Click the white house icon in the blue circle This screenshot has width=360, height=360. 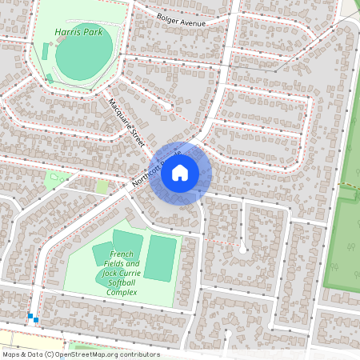(180, 171)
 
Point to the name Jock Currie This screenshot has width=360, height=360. (121, 273)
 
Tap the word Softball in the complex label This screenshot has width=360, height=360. (121, 282)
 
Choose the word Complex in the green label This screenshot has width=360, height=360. (121, 292)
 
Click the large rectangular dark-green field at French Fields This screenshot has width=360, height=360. (159, 258)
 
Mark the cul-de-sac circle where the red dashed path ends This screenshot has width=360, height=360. (243, 249)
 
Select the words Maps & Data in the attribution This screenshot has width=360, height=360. (22, 354)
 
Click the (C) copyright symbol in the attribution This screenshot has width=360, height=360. (49, 354)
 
